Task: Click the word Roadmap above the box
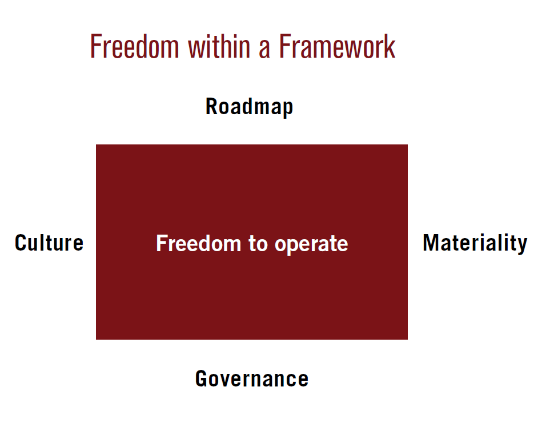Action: (x=249, y=107)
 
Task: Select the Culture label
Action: (x=49, y=243)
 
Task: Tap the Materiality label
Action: (x=475, y=243)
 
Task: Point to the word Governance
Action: (x=252, y=379)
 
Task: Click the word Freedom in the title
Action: (x=134, y=46)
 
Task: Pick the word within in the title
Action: (x=219, y=46)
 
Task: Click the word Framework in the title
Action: (x=337, y=46)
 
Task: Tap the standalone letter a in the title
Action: (x=264, y=50)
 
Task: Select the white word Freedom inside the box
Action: (x=198, y=243)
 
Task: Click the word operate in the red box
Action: (x=311, y=245)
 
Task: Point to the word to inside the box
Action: (x=258, y=244)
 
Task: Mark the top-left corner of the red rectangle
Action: (x=96, y=145)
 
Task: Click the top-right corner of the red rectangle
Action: (x=408, y=145)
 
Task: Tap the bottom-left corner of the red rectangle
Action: (x=96, y=339)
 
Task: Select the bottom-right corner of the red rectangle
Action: (x=408, y=339)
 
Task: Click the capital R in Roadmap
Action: (x=212, y=106)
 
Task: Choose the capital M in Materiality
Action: (x=431, y=243)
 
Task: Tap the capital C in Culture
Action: (x=21, y=243)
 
